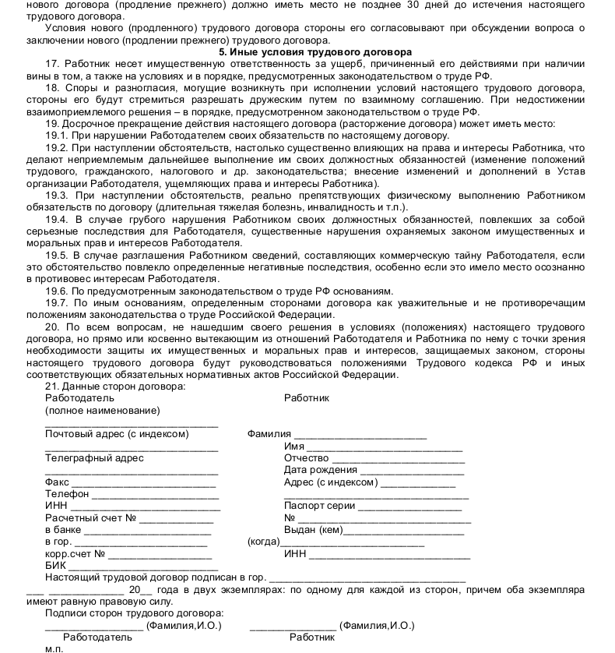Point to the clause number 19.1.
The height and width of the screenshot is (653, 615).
(x=58, y=135)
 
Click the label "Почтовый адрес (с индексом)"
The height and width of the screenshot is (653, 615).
(x=117, y=434)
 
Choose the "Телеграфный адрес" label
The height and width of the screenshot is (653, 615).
(x=94, y=458)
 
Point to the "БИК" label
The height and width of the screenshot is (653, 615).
(x=55, y=565)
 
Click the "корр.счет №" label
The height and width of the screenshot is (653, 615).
(x=75, y=554)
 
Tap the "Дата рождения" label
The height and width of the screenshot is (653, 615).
(x=321, y=470)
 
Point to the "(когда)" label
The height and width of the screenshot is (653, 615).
(x=263, y=542)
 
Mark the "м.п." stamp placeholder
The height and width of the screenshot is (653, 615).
(x=54, y=648)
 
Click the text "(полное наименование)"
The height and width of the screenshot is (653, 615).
(x=102, y=410)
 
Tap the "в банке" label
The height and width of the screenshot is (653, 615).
(x=63, y=530)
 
